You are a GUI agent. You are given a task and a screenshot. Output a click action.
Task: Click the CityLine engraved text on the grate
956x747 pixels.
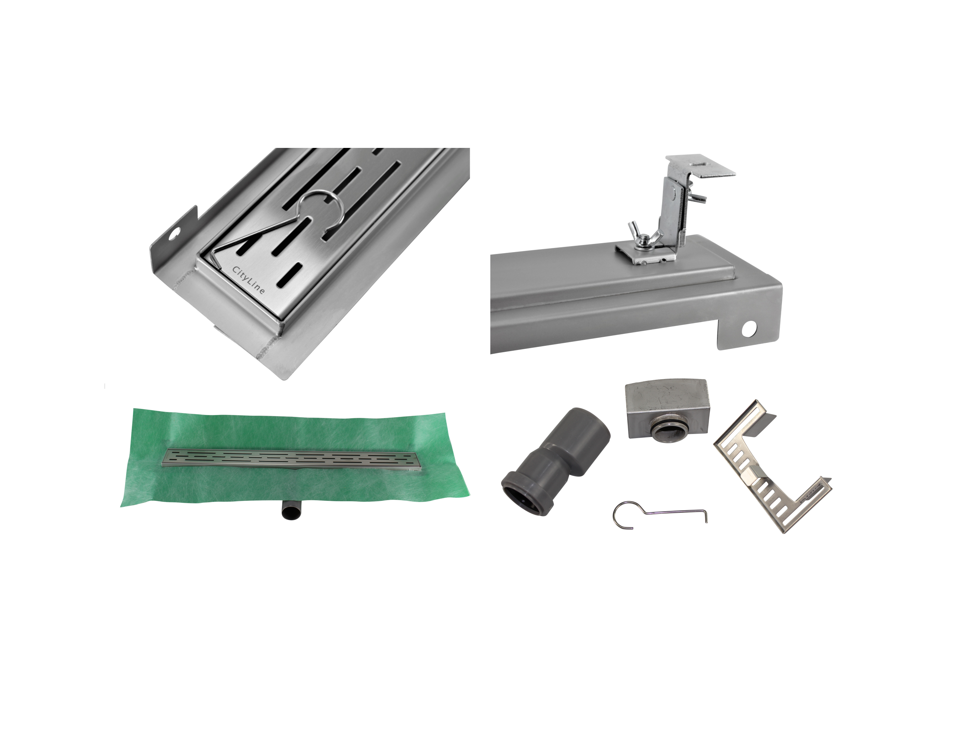pyautogui.click(x=248, y=280)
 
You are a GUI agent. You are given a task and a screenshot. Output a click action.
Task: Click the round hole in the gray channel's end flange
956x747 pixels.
pyautogui.click(x=749, y=329)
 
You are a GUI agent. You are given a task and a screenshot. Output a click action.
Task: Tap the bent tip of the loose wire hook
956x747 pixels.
pyautogui.click(x=706, y=517)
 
